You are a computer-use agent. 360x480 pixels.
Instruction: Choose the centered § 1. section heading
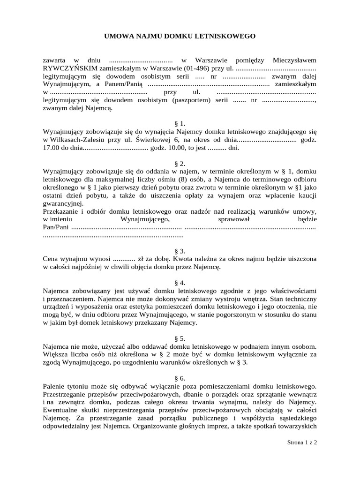click(180, 124)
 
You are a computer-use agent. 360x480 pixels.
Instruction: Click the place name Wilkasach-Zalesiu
click(75, 140)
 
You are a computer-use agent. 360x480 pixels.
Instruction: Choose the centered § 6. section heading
click(180, 379)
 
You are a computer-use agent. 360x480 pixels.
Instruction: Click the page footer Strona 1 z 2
click(302, 442)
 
